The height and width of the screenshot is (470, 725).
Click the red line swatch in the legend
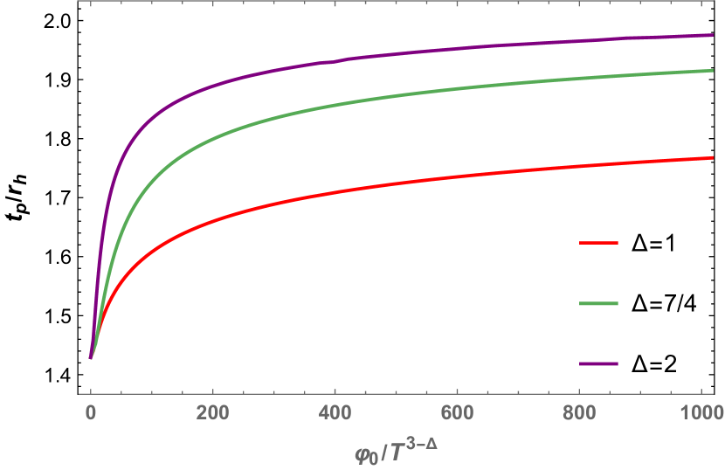(x=598, y=243)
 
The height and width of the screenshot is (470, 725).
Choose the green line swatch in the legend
(x=598, y=303)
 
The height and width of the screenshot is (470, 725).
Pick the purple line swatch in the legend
(x=598, y=363)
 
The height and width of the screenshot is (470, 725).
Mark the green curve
(x=349, y=104)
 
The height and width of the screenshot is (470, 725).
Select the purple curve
(x=349, y=59)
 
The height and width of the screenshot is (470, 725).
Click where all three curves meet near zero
(x=90, y=357)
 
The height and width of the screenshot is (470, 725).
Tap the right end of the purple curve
(x=713, y=35)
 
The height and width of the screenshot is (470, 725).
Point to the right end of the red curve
(x=713, y=158)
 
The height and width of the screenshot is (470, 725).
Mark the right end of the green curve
(x=713, y=70)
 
